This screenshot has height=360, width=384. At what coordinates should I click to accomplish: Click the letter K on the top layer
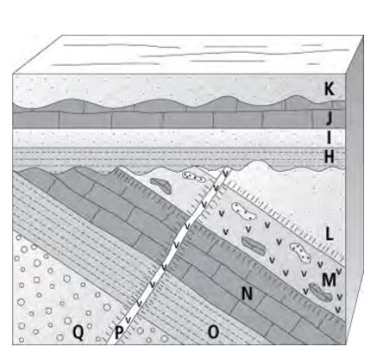tap(329, 88)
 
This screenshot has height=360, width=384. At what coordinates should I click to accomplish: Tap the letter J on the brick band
tap(329, 118)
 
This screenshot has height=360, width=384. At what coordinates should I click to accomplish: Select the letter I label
tap(329, 137)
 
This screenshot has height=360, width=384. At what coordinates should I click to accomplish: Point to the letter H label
tap(329, 157)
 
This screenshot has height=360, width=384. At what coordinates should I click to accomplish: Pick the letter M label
tap(329, 279)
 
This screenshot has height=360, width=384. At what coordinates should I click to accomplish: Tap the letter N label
tap(247, 294)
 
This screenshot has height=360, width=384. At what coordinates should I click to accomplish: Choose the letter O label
tap(213, 332)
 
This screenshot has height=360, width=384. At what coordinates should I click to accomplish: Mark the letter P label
tap(119, 333)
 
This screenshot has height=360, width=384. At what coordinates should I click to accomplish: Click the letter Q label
tap(78, 332)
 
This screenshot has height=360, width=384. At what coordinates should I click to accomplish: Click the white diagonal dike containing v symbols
tap(167, 257)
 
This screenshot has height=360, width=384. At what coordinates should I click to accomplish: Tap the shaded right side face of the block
tap(355, 189)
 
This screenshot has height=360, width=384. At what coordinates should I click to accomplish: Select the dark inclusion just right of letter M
tap(321, 291)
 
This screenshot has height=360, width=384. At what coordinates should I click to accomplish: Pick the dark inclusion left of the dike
tap(161, 185)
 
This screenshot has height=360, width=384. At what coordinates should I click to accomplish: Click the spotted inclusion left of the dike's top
tap(192, 176)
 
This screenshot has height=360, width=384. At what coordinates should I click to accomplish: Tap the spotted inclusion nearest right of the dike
tap(244, 210)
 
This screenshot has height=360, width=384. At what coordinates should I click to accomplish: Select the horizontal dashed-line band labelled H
tap(179, 158)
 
